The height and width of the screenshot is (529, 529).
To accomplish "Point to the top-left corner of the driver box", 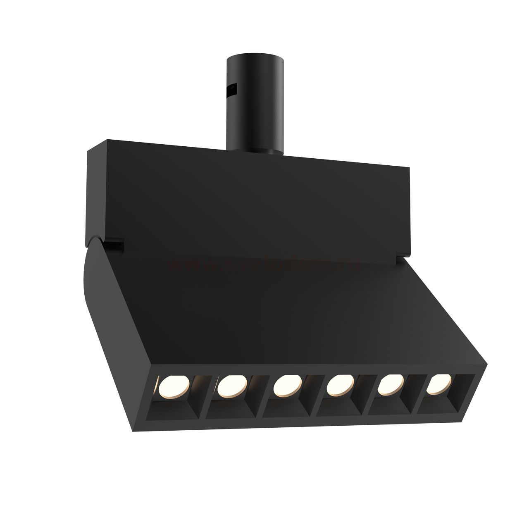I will pos(88,152).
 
